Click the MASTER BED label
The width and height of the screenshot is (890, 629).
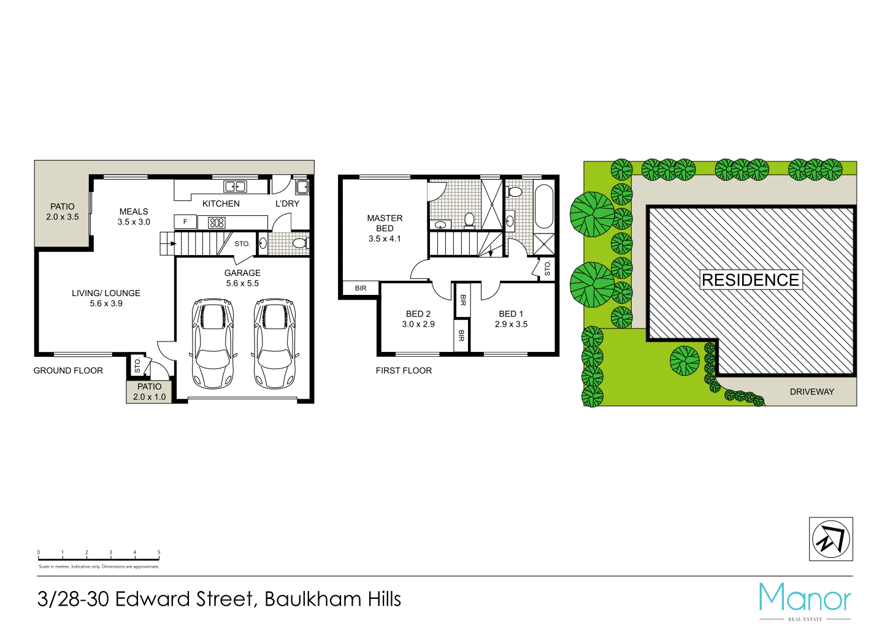(385, 228)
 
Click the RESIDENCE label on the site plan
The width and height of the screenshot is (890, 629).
(750, 280)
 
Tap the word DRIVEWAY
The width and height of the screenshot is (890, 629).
(811, 392)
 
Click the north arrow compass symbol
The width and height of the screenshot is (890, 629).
(831, 539)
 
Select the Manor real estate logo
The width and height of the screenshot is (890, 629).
(805, 599)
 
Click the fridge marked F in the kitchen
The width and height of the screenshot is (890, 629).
(185, 222)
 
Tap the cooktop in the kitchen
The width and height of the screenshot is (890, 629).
(217, 223)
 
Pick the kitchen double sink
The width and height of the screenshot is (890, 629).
(235, 186)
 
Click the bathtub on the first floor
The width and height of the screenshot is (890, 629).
(544, 206)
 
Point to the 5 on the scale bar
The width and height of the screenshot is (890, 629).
(159, 553)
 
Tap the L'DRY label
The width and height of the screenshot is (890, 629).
(287, 204)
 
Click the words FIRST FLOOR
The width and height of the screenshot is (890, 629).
(404, 370)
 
